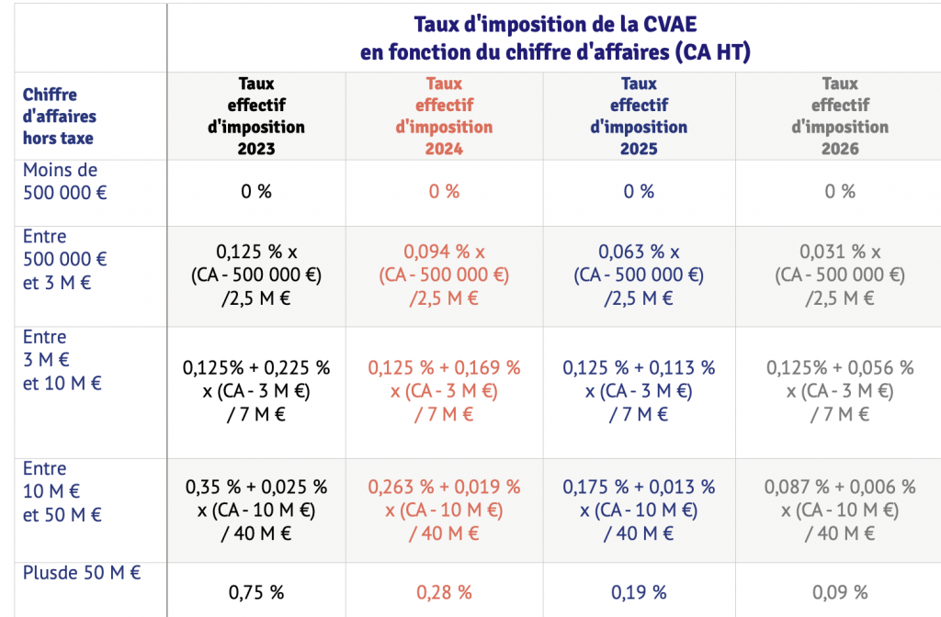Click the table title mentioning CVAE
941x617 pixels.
555,37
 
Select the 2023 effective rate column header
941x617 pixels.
256,116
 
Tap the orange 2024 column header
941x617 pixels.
444,116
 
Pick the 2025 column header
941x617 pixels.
639,116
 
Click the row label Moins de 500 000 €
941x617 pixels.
61,181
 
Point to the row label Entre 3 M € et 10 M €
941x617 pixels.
62,360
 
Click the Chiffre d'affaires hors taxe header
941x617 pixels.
59,117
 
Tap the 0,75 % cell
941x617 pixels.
256,591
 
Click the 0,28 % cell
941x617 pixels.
444,591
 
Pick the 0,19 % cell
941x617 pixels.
639,591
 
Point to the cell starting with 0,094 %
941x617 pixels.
444,275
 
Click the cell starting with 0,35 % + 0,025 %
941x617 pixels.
256,510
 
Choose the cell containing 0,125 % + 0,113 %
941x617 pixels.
639,390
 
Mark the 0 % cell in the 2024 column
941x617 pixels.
444,192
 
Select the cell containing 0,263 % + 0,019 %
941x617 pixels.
444,510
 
